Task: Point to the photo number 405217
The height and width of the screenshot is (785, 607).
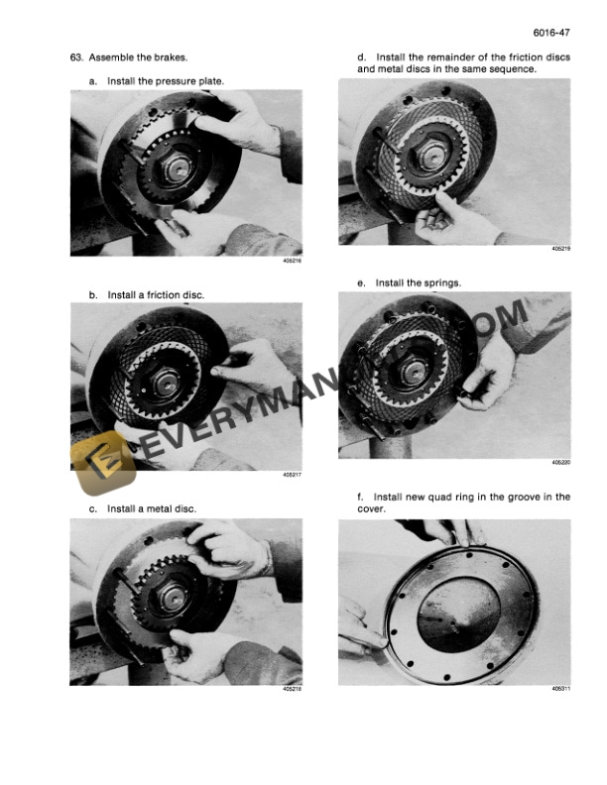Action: pos(292,475)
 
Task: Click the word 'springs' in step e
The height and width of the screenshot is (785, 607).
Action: pos(443,283)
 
